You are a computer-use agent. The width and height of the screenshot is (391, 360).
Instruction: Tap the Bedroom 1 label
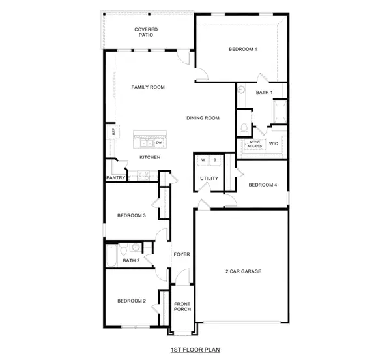(x=242, y=50)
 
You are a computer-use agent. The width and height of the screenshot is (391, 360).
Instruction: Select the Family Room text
(x=147, y=87)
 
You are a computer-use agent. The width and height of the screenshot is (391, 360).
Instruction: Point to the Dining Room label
(x=203, y=118)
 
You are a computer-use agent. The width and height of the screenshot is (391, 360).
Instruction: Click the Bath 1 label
(x=264, y=93)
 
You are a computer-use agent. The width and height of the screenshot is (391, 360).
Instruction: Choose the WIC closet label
(x=274, y=143)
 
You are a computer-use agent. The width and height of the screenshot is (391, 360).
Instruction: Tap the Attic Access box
(x=254, y=144)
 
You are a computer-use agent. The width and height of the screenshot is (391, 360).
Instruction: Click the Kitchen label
(x=150, y=157)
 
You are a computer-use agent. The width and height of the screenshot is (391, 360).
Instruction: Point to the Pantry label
(x=115, y=177)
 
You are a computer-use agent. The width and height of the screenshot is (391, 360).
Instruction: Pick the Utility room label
(x=209, y=178)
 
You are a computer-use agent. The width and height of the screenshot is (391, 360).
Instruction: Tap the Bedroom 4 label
(x=262, y=185)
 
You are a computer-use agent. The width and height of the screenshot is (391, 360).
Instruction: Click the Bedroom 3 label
(x=131, y=215)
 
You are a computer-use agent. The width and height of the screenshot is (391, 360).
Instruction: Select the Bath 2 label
(x=131, y=260)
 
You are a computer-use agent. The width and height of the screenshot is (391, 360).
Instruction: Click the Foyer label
(x=182, y=254)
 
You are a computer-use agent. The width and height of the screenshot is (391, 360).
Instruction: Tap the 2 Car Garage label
(x=243, y=271)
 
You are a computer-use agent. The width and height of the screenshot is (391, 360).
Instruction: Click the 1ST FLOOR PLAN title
(x=195, y=350)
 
